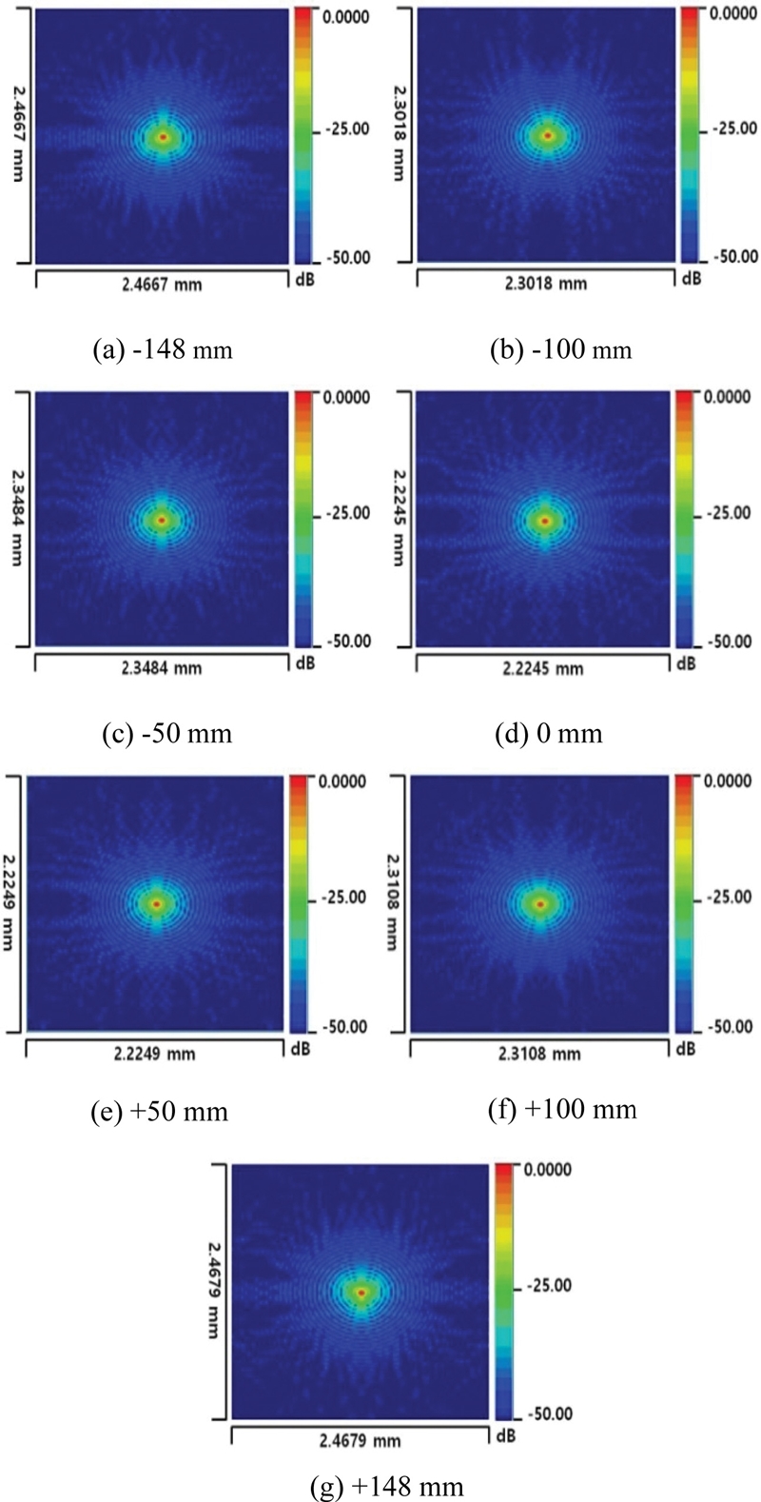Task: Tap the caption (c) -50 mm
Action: click(166, 734)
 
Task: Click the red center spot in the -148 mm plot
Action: click(164, 137)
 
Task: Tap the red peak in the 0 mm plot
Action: click(545, 521)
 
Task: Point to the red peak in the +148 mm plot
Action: click(361, 1292)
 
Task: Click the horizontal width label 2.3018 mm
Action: click(547, 283)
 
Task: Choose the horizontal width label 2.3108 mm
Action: click(541, 1054)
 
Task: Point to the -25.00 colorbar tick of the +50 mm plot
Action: click(343, 898)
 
